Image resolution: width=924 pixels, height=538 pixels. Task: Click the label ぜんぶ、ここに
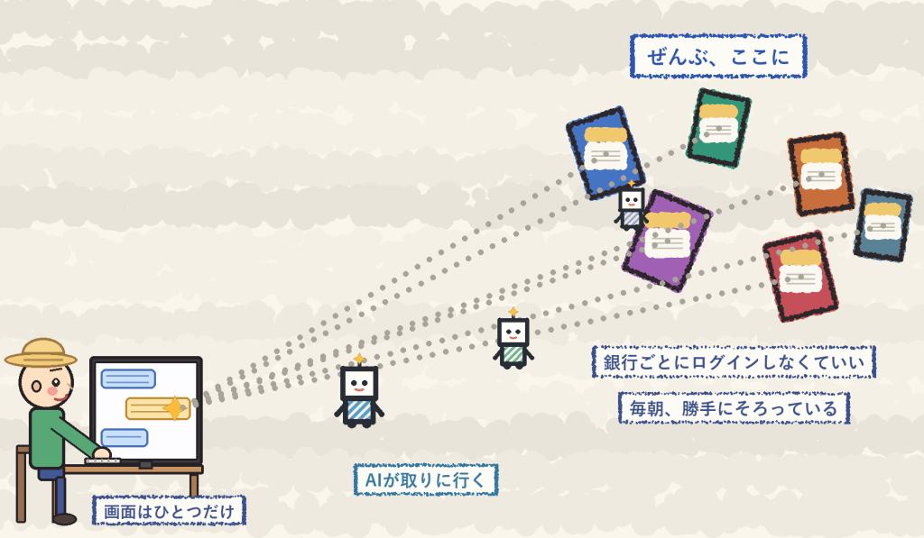pos(717,57)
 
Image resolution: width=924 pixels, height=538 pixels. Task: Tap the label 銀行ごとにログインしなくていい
pos(734,362)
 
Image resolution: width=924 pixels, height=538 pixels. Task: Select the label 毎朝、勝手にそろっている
pos(734,408)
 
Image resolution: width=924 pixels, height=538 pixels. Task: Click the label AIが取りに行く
pos(426,479)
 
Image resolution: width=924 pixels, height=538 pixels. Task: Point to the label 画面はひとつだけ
pos(169,511)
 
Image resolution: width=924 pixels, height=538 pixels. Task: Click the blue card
pos(605,152)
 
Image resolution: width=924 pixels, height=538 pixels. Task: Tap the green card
pos(718,128)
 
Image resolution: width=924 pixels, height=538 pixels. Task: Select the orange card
pos(821,174)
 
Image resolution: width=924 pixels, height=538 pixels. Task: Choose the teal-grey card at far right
pos(882,225)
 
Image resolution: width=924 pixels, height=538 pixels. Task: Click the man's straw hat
pos(41,352)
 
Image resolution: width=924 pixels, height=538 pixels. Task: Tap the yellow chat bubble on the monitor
pos(158,408)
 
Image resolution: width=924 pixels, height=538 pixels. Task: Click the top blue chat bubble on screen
pos(128,379)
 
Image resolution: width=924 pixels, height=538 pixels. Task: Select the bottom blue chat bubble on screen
pos(125,437)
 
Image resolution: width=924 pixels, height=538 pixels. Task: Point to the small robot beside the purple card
pos(631,206)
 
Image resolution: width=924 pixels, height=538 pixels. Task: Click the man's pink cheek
pos(52,390)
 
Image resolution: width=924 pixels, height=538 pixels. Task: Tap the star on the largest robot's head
pos(359,359)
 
